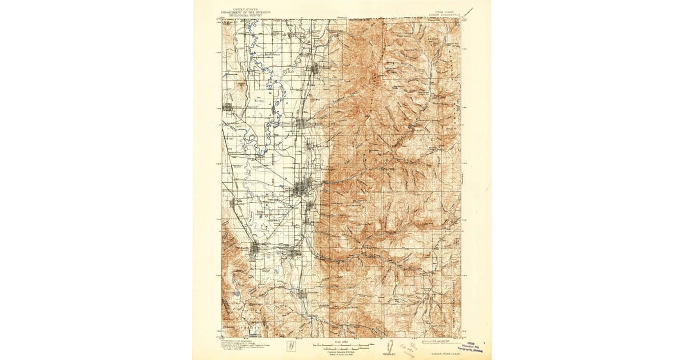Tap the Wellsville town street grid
(x=254, y=251)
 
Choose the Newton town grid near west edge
(x=228, y=107)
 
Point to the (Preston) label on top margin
(x=342, y=17)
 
